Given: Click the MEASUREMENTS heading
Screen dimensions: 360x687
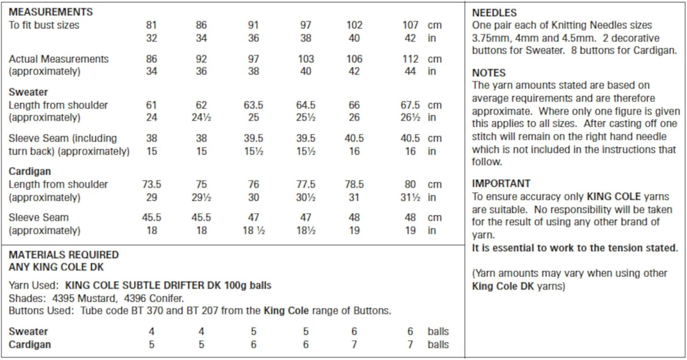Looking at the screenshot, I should tap(50, 12).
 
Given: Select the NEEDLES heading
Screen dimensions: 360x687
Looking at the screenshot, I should tap(494, 13).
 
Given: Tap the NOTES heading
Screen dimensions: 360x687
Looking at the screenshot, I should tap(489, 73).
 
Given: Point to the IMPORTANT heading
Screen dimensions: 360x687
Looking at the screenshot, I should tap(501, 184).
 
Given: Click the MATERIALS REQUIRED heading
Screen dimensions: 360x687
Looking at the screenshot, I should tap(64, 255).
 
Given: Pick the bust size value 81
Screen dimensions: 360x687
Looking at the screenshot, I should tap(151, 25).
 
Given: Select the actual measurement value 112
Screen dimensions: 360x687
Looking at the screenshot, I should tap(410, 59).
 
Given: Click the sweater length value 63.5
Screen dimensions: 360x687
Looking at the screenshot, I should tap(253, 105).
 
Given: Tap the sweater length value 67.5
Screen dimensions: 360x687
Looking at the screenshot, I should tap(410, 105).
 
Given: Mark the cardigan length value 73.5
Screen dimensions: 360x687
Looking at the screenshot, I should tap(151, 185).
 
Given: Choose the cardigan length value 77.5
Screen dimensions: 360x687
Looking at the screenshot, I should tap(305, 185).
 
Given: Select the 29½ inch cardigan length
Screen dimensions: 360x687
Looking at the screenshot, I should tap(201, 197).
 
